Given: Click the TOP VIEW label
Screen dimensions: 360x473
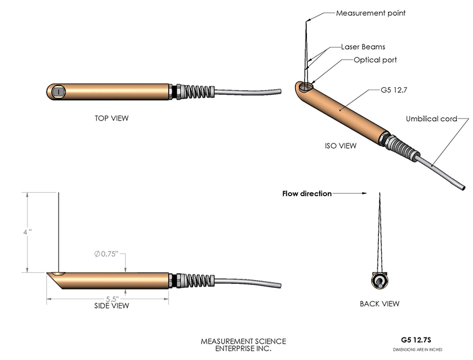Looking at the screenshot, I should [112, 118].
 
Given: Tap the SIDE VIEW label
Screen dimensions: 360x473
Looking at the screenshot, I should [111, 306].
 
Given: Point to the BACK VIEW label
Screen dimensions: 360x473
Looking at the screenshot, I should [380, 304].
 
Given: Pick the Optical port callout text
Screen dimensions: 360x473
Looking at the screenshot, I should [375, 60].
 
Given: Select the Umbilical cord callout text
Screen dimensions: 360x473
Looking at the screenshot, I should [431, 119].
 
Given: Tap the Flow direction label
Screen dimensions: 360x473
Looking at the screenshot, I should [306, 193].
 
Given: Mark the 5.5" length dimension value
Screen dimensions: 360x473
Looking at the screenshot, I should [112, 299].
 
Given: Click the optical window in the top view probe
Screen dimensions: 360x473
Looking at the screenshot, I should [57, 91].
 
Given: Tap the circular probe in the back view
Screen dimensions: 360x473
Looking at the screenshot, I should [380, 281].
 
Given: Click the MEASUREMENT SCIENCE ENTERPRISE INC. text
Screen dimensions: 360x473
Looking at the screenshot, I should [243, 345].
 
